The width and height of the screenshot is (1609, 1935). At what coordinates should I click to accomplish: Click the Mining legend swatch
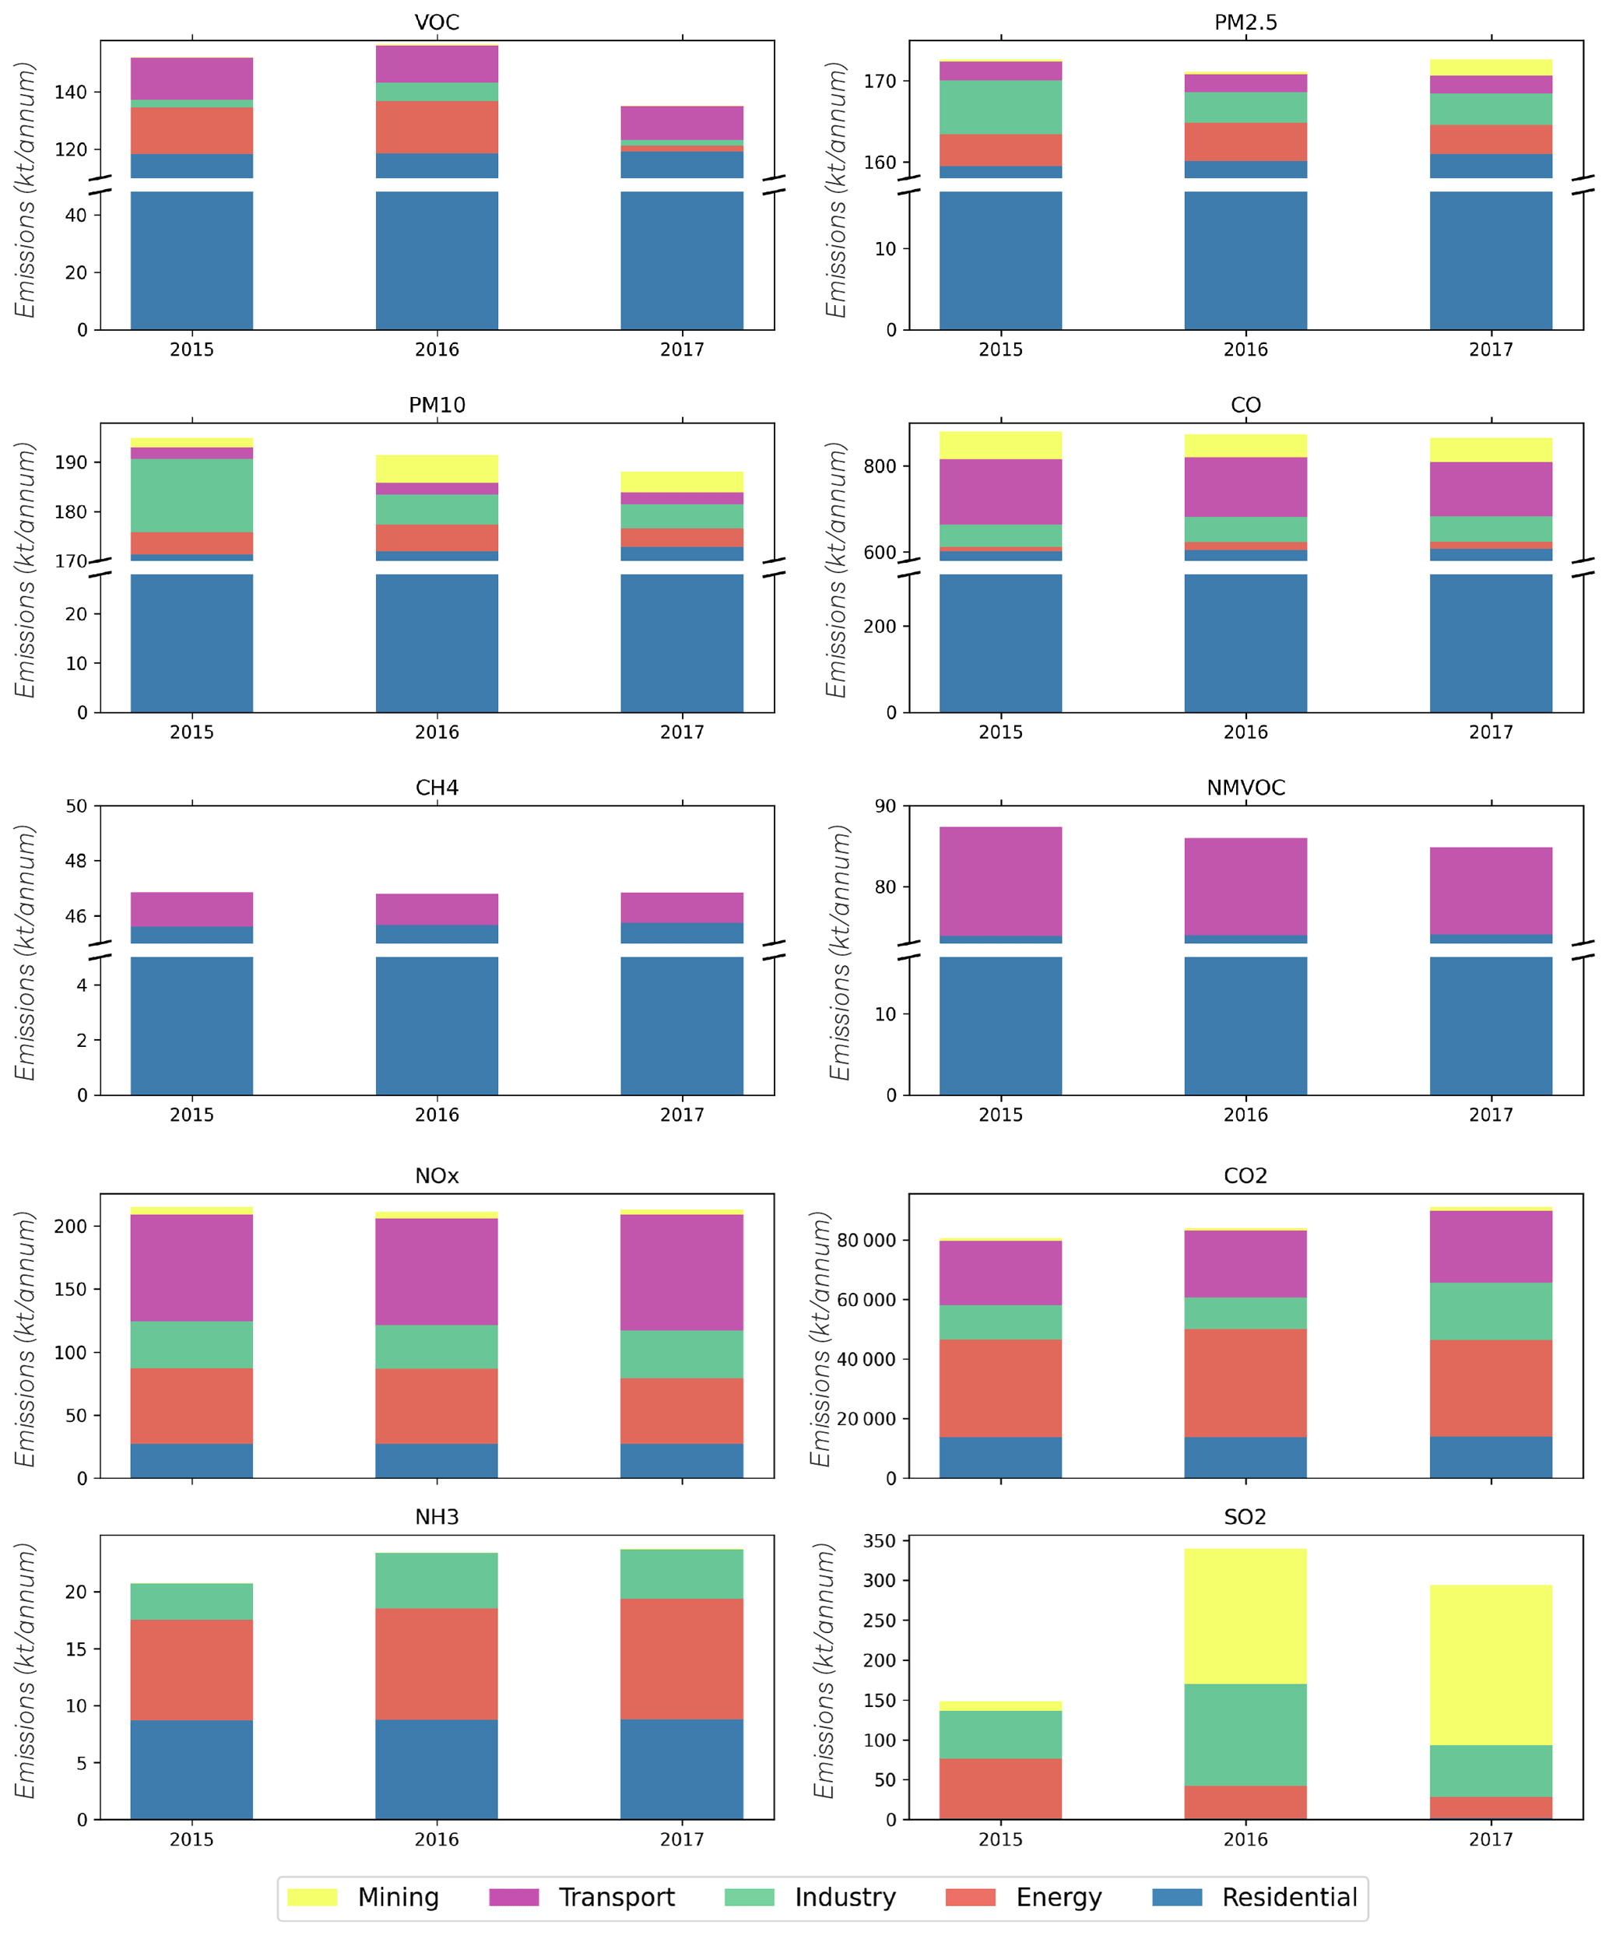click(x=311, y=1896)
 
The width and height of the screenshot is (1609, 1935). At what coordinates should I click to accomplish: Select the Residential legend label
click(x=1289, y=1896)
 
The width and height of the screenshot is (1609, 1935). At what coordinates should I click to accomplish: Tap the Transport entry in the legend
click(x=617, y=1896)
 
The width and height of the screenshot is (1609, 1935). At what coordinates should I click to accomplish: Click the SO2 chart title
click(x=1245, y=1515)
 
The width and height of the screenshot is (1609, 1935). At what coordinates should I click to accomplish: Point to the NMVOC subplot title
click(x=1245, y=787)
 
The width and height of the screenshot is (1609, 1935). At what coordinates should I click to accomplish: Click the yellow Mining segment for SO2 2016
click(x=1245, y=1616)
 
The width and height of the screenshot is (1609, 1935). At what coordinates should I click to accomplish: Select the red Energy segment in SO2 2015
click(x=999, y=1789)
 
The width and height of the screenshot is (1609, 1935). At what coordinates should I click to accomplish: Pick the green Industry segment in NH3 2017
click(x=682, y=1574)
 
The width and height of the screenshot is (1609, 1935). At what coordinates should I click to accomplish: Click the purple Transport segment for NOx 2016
click(x=437, y=1272)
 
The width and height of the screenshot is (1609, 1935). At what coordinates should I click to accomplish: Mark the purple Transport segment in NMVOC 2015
click(x=999, y=881)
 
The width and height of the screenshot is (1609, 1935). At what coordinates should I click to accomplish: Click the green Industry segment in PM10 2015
click(x=191, y=495)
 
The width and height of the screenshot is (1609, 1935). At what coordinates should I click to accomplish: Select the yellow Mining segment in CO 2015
click(x=999, y=445)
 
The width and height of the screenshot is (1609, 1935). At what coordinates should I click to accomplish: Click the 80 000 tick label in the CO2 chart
click(x=866, y=1240)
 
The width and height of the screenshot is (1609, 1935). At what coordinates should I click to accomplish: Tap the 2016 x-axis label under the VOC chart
click(x=437, y=349)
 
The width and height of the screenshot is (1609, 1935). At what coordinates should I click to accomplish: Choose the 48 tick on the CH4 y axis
click(x=76, y=861)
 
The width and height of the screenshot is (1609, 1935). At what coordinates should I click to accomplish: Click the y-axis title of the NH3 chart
click(x=25, y=1670)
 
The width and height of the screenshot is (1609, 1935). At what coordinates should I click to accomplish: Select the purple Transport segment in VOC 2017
click(x=682, y=122)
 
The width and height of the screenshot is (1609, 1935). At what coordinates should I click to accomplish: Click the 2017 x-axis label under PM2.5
click(x=1490, y=349)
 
